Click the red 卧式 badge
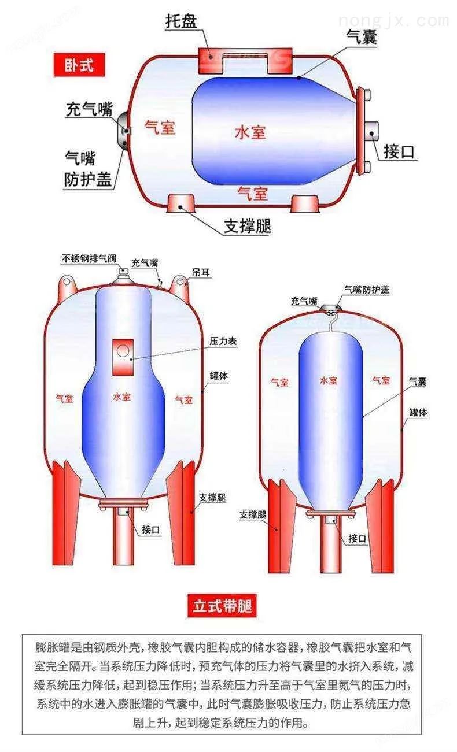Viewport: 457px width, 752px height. pyautogui.click(x=79, y=65)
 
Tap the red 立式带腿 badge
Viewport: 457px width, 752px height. pyautogui.click(x=222, y=606)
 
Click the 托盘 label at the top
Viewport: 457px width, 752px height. pyautogui.click(x=181, y=21)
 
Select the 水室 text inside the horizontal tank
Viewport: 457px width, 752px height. pyautogui.click(x=250, y=132)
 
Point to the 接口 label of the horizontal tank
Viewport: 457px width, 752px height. pyautogui.click(x=399, y=151)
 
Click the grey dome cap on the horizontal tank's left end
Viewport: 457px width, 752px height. pyautogui.click(x=123, y=131)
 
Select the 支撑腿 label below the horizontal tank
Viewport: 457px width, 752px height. pyautogui.click(x=248, y=225)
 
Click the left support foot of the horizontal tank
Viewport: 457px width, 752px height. pyautogui.click(x=181, y=203)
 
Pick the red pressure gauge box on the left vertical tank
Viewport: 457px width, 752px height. pyautogui.click(x=123, y=357)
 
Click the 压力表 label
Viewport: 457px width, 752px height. pyautogui.click(x=223, y=342)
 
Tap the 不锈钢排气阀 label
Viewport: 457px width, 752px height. pyautogui.click(x=89, y=258)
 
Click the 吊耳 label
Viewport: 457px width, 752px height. pyautogui.click(x=201, y=273)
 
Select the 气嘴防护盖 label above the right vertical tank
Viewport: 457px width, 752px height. pyautogui.click(x=367, y=290)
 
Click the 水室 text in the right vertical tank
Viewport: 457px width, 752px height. pyautogui.click(x=329, y=380)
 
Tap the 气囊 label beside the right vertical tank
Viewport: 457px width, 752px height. pyautogui.click(x=417, y=381)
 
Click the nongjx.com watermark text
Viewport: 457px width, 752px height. pyautogui.click(x=393, y=21)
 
